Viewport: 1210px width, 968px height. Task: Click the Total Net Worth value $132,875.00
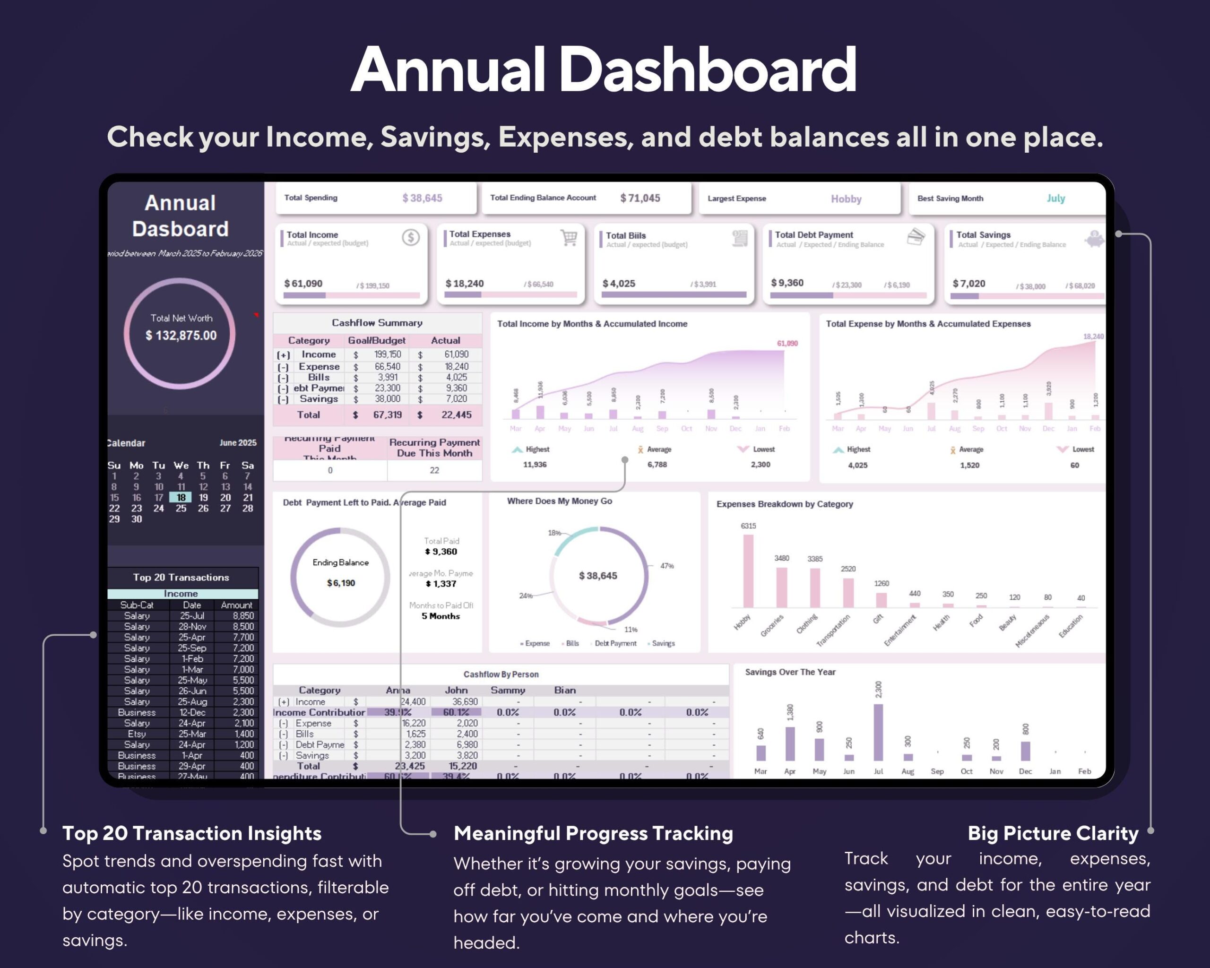[x=181, y=336]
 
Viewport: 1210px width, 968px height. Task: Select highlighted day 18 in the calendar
[x=181, y=498]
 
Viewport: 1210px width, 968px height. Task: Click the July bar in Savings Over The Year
[x=878, y=732]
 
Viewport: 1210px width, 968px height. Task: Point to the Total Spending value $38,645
[x=422, y=198]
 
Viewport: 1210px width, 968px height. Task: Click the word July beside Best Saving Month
[x=1055, y=198]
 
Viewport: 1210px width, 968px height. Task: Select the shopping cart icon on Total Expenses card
[x=569, y=238]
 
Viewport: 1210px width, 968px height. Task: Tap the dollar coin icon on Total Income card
[x=411, y=237]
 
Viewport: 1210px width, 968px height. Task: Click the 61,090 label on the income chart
[x=787, y=344]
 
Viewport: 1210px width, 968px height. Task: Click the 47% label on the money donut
[x=667, y=566]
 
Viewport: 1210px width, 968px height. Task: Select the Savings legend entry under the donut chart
[x=663, y=644]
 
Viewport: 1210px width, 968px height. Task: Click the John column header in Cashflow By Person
[x=456, y=690]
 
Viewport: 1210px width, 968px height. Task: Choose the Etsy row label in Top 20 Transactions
[x=137, y=734]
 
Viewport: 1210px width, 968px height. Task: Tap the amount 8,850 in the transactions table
[x=243, y=615]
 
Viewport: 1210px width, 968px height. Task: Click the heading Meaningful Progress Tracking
[x=593, y=833]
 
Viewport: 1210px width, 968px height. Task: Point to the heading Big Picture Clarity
[x=1053, y=833]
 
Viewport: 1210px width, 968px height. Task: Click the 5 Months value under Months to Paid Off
[x=441, y=616]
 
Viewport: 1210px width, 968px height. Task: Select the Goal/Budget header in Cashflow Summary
[x=377, y=341]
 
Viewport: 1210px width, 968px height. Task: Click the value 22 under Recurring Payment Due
[x=434, y=470]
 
